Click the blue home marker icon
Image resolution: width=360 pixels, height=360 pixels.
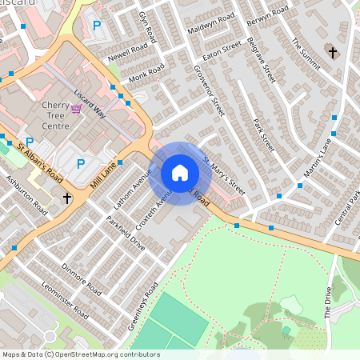click(x=180, y=173)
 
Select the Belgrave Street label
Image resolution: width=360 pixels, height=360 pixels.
click(x=262, y=59)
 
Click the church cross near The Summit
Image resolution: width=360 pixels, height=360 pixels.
click(x=332, y=53)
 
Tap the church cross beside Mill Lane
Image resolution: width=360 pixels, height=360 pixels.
click(x=67, y=197)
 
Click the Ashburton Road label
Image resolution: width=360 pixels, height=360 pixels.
click(x=27, y=195)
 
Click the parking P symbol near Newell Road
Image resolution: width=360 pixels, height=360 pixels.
click(x=97, y=26)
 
